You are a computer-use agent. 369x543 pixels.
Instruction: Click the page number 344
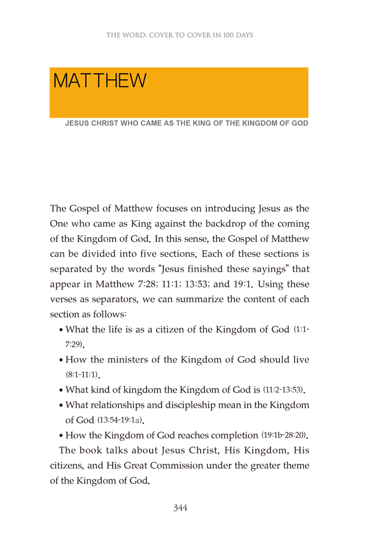pos(179,508)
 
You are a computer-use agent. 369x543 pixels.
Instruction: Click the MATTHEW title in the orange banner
pos(100,81)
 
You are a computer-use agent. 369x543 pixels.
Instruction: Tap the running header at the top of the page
pos(179,35)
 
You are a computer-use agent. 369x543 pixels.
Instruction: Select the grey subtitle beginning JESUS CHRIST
pos(187,124)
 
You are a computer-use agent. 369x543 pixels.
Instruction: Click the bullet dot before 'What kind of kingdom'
pos(61,391)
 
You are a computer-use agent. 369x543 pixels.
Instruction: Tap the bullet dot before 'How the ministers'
pos(61,360)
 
